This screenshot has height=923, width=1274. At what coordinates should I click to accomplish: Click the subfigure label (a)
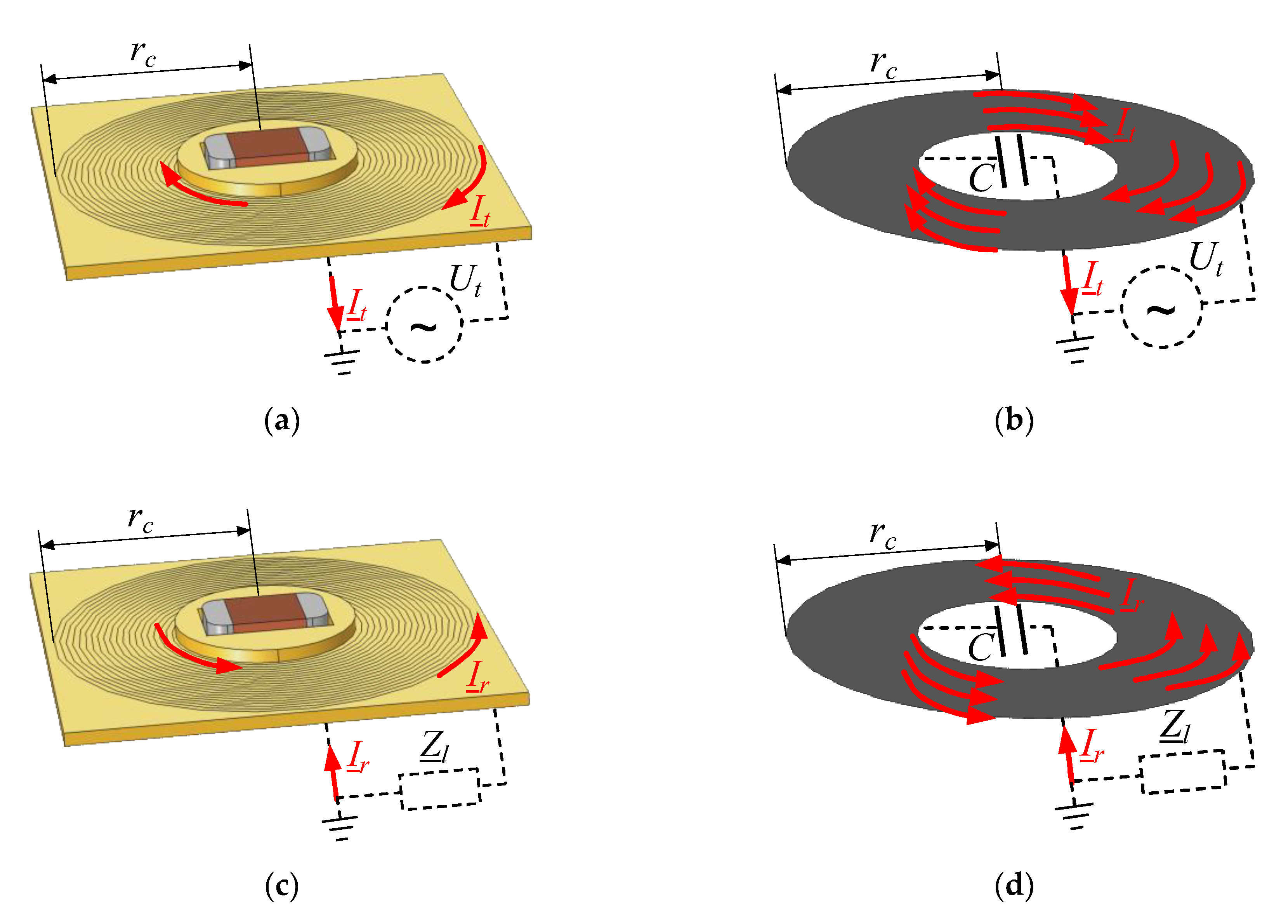[282, 421]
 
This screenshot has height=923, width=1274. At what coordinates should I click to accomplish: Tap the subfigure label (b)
[1014, 421]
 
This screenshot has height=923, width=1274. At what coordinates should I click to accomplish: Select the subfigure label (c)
[281, 886]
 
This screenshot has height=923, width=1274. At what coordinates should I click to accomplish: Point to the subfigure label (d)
[1014, 886]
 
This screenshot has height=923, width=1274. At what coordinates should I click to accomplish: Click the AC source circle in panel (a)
[425, 325]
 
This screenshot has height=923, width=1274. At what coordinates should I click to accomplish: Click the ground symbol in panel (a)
[342, 360]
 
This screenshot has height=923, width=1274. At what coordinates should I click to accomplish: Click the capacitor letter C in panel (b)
[981, 178]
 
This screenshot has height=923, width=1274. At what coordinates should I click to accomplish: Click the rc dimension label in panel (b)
[883, 64]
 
